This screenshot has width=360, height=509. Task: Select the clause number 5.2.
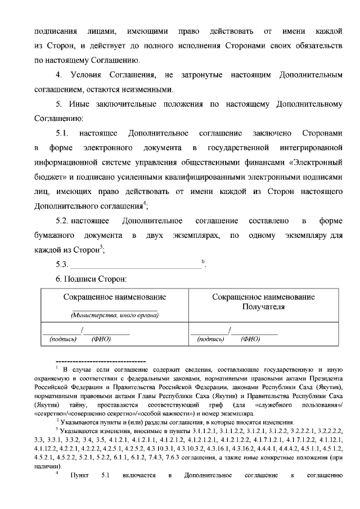pos(62,220)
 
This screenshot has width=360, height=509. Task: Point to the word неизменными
pos(148,89)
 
